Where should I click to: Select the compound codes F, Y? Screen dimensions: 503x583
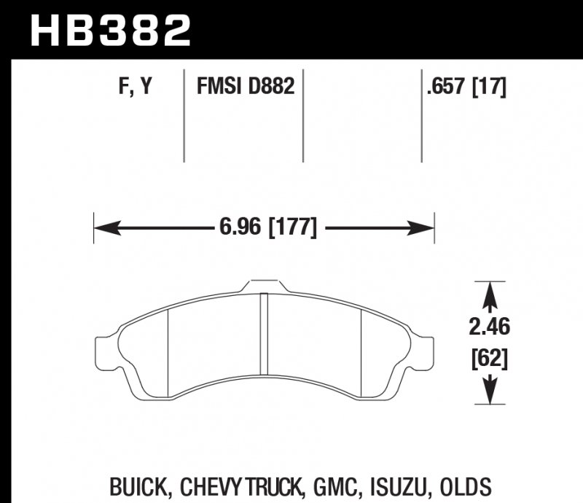136,88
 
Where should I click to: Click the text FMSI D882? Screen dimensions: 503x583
245,88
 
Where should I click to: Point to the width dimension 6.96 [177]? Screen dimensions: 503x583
267,229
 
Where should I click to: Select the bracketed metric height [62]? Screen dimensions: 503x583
489,359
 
